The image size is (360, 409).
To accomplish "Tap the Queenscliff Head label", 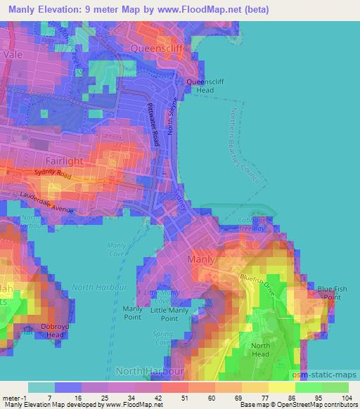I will pyautogui.click(x=200, y=86).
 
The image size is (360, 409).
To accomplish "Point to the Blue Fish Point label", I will pyautogui.click(x=333, y=292).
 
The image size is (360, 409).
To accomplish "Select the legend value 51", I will pyautogui.click(x=174, y=398).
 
